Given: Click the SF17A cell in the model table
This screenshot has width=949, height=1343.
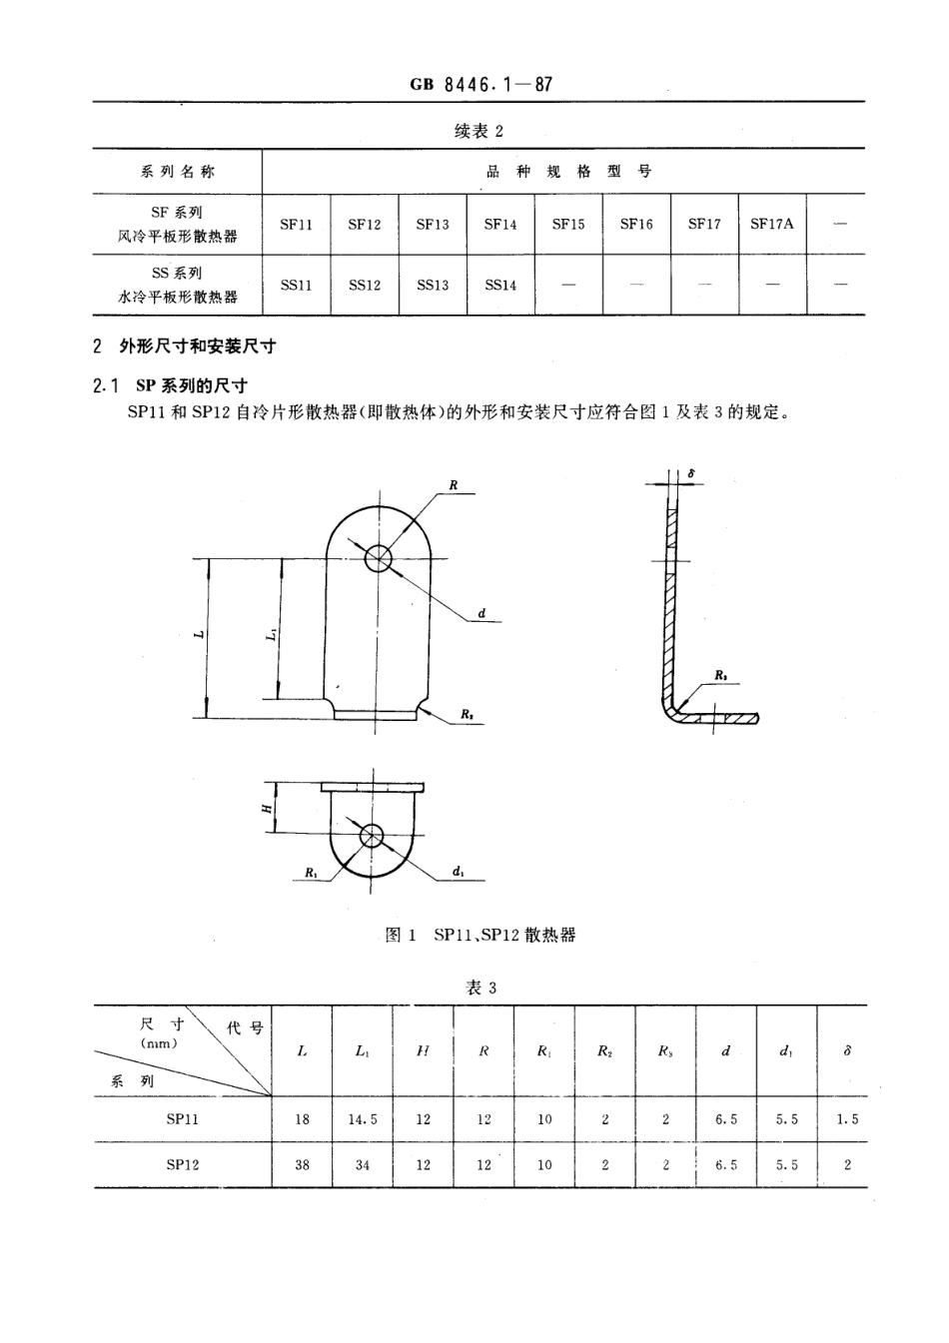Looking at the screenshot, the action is point(771,224).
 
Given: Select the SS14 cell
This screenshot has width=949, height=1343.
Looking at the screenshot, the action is point(500,285).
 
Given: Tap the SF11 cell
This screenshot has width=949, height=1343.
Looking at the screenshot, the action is point(296,224).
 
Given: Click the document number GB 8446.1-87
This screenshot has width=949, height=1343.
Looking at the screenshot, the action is point(480,85).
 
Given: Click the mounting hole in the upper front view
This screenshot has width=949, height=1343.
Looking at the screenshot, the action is point(378,558).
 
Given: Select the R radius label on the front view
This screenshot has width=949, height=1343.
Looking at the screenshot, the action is point(453,485).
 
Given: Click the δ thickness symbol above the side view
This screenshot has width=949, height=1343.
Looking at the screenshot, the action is point(691,471).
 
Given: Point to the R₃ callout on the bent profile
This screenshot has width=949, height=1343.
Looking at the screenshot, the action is point(721,676).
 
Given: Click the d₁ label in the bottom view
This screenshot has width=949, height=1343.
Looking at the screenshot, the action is point(457,872).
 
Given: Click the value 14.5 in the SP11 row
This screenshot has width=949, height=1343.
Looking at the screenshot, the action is point(363,1119).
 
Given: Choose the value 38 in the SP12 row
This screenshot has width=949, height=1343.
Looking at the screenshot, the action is point(302,1164).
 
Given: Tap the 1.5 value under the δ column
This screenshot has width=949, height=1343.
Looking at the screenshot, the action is point(847,1119).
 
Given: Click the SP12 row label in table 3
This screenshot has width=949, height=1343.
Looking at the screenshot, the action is point(182,1164).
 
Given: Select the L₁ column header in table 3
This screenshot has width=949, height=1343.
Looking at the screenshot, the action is point(362,1051).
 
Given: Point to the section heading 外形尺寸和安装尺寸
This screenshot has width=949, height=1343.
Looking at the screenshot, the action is point(198,346).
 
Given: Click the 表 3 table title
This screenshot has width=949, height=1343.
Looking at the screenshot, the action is point(480,988).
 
